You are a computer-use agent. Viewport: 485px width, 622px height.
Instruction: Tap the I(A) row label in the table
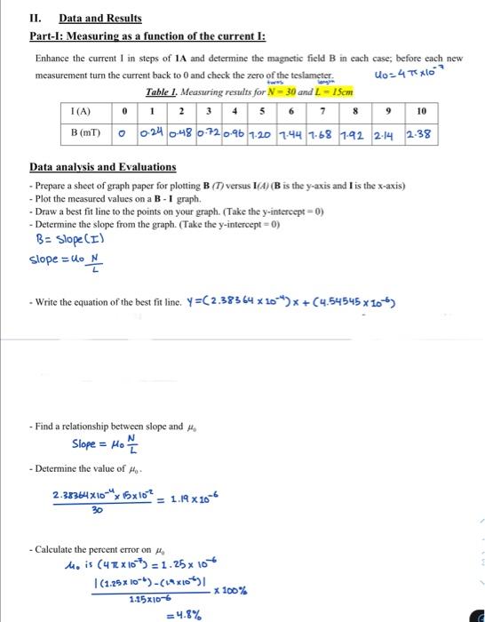pos(80,112)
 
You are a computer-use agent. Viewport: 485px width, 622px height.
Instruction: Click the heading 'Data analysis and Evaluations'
pos(103,167)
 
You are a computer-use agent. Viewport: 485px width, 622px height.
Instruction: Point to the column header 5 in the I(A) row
pos(262,112)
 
